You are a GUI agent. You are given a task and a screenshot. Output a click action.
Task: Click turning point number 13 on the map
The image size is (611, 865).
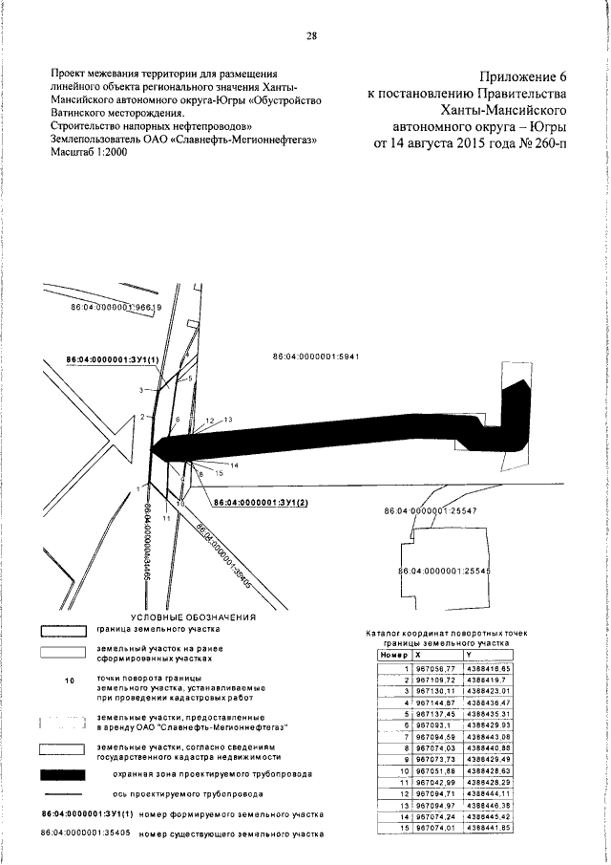coord(228,420)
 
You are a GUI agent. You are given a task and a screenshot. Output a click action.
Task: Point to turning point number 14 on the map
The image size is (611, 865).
coord(234,465)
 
